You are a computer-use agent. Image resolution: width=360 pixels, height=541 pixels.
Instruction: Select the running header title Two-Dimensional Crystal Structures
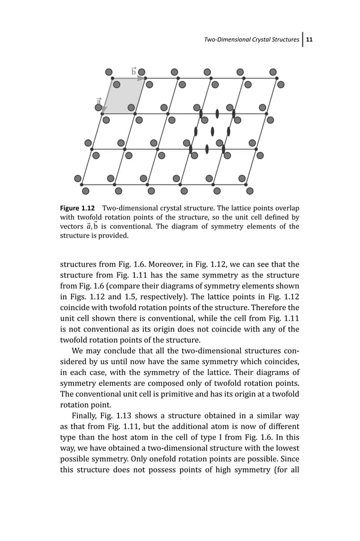pos(252,40)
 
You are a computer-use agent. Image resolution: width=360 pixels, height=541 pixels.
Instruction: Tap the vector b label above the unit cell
pos(134,71)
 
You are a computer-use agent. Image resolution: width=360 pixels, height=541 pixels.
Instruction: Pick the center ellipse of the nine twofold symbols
pos(212,132)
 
